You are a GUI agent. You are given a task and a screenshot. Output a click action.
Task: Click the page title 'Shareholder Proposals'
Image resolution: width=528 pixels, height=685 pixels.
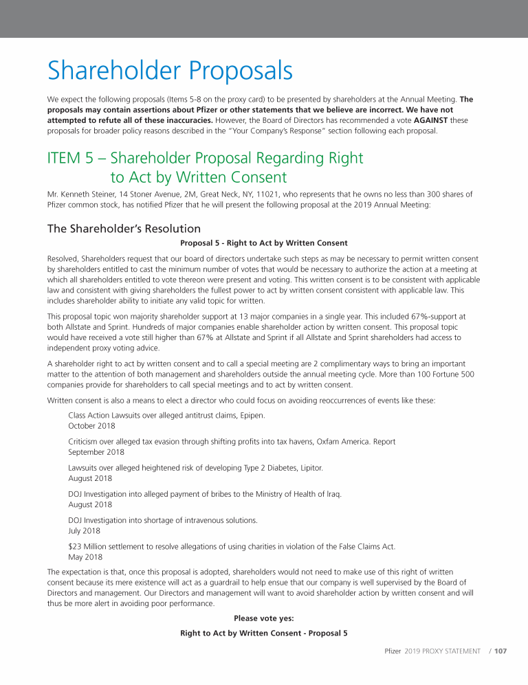point(170,71)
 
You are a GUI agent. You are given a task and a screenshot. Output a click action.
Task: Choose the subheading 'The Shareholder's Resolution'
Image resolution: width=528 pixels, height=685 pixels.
point(124,228)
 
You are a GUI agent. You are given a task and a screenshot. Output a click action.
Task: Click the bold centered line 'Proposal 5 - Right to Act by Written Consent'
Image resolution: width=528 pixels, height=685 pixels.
point(263,243)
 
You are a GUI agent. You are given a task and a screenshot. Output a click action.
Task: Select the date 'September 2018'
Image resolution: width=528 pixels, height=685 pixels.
point(96,452)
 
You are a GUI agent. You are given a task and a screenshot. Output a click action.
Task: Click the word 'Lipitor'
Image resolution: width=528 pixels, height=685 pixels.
point(309,468)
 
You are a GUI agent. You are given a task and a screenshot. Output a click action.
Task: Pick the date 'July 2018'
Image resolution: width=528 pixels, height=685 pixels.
point(84,530)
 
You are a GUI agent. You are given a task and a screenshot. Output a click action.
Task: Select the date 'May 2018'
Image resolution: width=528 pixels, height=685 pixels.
point(85,557)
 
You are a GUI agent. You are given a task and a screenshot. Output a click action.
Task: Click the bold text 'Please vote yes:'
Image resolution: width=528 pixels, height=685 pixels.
point(263,618)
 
